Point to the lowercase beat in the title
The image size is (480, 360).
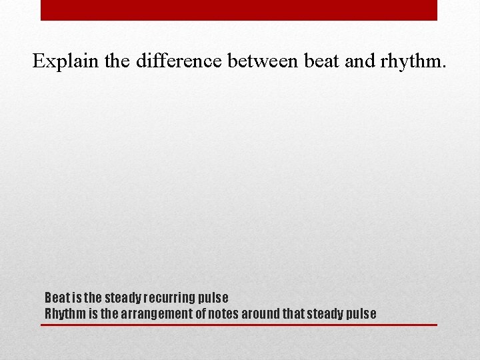(x=321, y=61)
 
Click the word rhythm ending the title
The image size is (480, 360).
(x=414, y=61)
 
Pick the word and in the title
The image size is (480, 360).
(x=362, y=61)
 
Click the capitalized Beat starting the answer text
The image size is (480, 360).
(x=55, y=297)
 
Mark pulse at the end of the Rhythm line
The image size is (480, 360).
(x=361, y=313)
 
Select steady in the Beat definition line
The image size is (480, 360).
(x=121, y=297)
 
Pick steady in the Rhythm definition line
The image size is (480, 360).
(x=329, y=313)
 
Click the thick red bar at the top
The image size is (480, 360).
(x=239, y=9)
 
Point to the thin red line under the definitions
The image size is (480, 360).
(x=239, y=325)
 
